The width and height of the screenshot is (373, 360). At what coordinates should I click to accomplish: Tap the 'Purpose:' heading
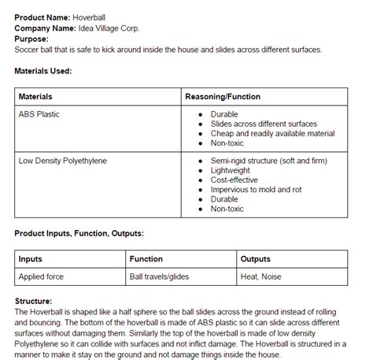(x=31, y=39)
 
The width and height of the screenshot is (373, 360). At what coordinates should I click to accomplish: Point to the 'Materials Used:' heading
(x=43, y=70)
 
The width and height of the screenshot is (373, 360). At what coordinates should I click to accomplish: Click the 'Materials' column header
(x=35, y=97)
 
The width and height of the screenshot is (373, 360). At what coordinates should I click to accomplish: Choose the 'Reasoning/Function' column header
(x=223, y=97)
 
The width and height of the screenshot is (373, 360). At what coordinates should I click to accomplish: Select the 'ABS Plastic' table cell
(x=39, y=114)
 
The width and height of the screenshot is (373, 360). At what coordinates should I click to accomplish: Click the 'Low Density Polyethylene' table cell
(x=63, y=161)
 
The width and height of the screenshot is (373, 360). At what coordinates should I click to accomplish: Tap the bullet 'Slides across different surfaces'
(x=264, y=124)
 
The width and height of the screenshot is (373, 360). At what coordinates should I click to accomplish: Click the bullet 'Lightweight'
(x=231, y=171)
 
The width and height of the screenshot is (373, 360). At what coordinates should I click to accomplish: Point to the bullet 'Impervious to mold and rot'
(x=257, y=190)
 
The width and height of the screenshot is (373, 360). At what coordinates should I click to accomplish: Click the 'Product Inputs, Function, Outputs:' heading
(x=79, y=234)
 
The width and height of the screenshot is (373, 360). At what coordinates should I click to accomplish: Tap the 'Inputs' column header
(x=31, y=259)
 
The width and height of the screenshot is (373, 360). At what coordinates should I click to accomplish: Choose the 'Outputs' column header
(x=256, y=259)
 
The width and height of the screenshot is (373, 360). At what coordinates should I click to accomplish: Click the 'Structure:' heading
(x=34, y=301)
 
